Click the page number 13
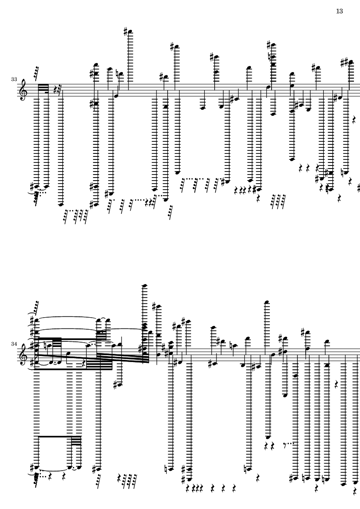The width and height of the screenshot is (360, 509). coord(339,11)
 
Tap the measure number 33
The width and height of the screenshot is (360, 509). coord(14,79)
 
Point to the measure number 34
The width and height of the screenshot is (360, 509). coord(14,344)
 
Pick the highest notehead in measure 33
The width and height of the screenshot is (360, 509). coord(131,32)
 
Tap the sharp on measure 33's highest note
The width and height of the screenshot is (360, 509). coord(125,31)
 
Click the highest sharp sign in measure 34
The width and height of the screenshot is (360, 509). coord(154,306)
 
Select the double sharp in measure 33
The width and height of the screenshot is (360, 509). coord(345,61)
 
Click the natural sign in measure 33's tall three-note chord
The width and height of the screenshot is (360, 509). coord(269,57)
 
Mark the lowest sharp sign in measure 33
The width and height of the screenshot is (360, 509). coord(94,205)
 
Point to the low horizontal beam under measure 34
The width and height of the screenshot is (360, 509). coord(55,437)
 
